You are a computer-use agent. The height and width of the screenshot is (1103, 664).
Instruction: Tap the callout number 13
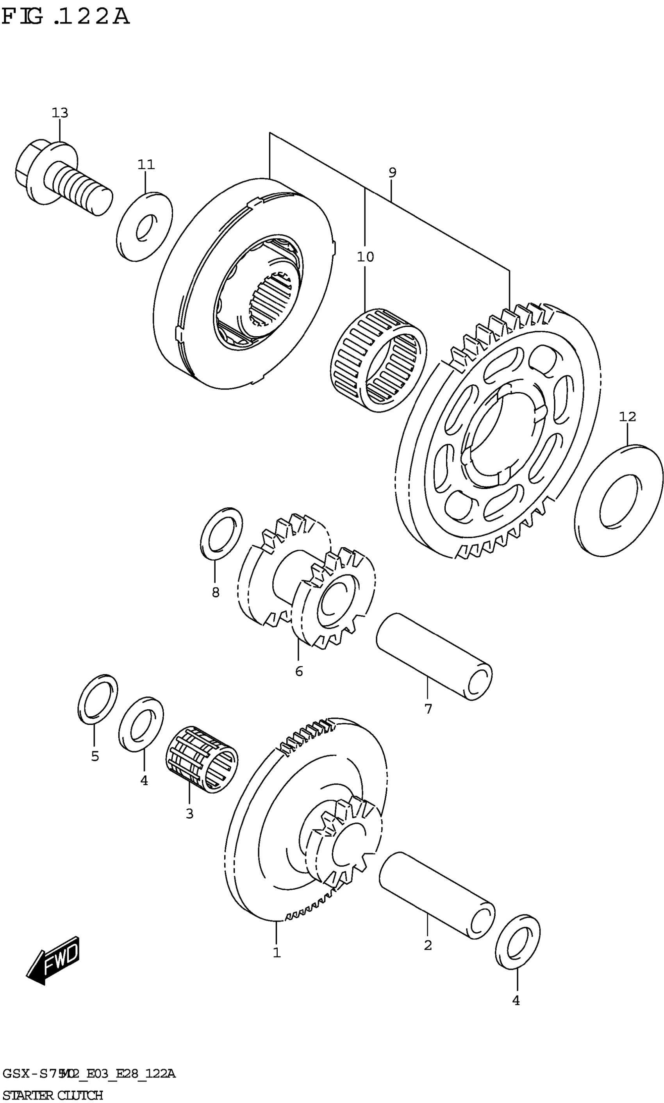(60, 113)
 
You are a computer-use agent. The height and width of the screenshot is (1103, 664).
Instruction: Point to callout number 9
(393, 173)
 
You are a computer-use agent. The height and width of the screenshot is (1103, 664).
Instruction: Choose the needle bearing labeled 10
(378, 360)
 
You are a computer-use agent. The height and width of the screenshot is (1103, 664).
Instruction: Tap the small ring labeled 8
(221, 534)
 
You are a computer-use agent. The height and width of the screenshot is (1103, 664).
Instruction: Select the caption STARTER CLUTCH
(53, 1092)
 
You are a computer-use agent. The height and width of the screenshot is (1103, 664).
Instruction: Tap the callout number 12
(627, 416)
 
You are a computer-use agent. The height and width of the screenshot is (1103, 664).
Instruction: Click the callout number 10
(365, 257)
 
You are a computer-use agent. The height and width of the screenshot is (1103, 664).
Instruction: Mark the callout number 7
(428, 709)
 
